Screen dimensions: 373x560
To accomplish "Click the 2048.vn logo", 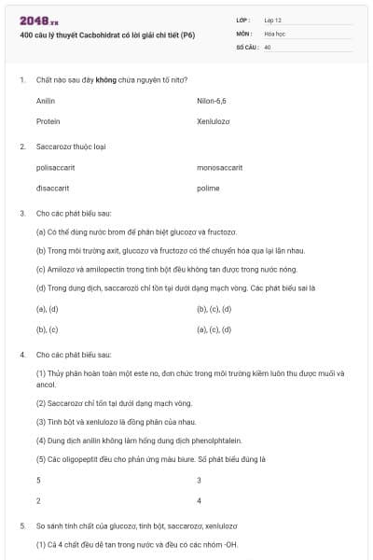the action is coord(34,20).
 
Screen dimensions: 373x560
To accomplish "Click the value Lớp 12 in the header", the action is coord(273,20).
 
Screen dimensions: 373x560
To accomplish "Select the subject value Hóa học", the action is coord(274,33).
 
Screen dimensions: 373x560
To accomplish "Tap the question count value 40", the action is coord(268,46).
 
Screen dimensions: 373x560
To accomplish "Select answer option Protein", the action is coord(48,121).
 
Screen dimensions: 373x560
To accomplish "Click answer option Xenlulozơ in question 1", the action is coord(214,121).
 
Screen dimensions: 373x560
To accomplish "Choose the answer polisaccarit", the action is coord(55,167).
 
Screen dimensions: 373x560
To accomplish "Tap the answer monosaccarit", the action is coord(220,167).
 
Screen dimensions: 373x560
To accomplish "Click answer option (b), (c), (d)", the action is coord(214,309).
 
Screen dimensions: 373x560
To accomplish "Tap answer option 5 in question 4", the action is coord(38,480).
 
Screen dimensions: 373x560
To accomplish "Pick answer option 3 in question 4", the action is coord(199,480).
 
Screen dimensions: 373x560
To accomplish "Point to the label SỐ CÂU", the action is coord(245,46).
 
